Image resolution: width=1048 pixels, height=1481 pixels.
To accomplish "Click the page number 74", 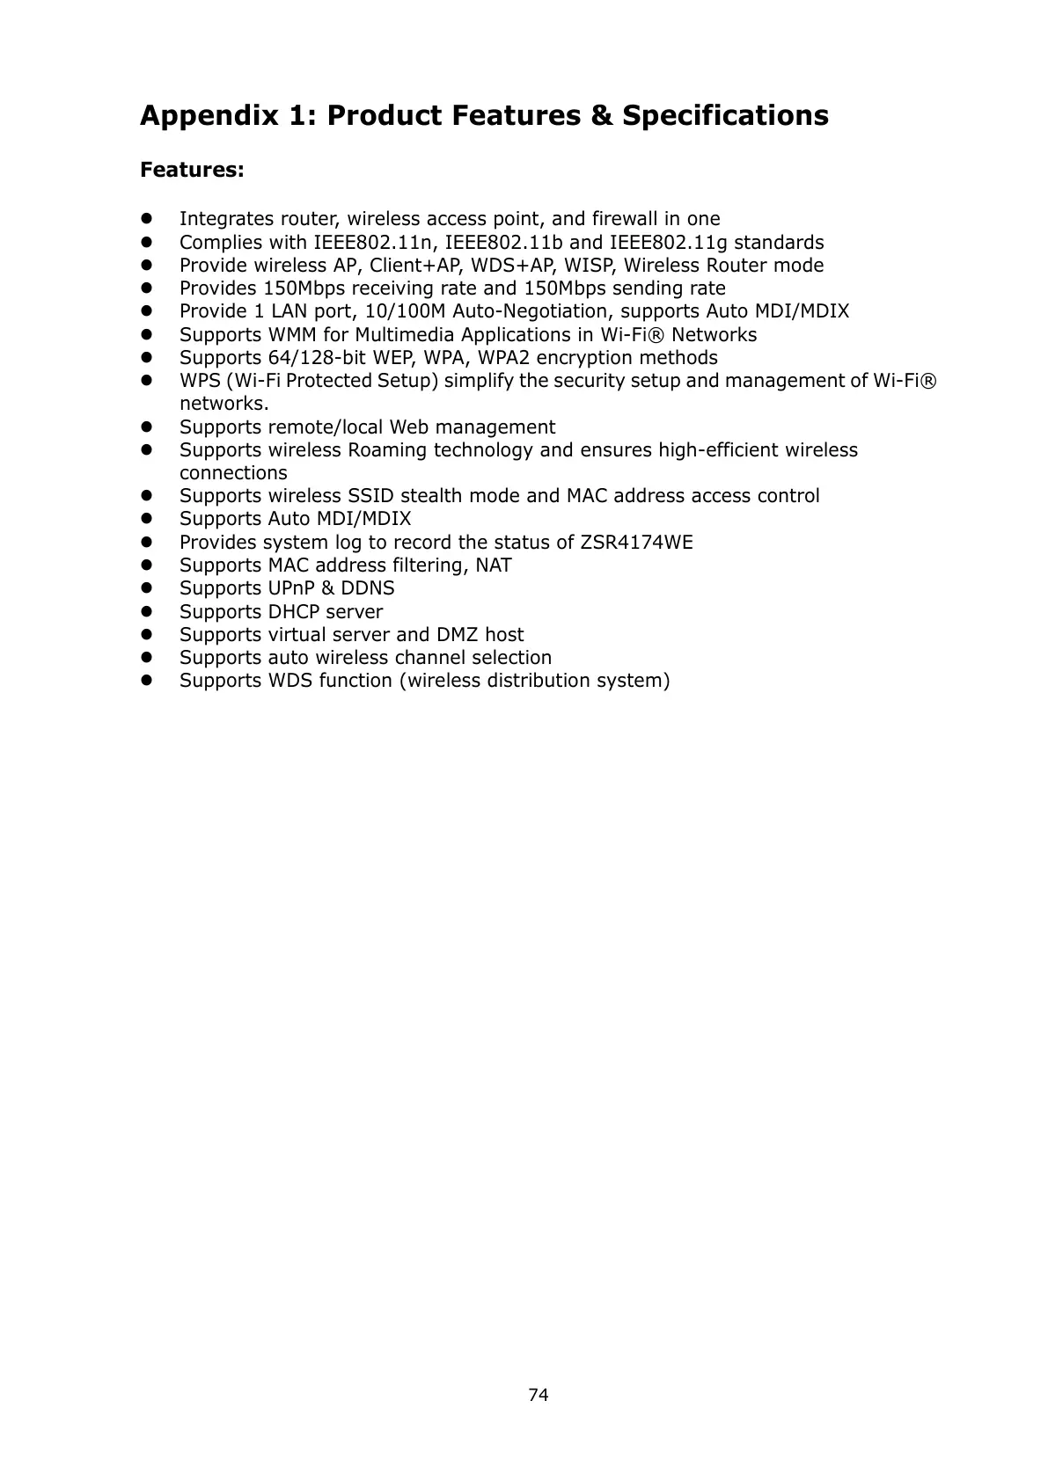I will [x=538, y=1395].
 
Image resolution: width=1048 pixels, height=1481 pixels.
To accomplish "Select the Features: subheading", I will [x=192, y=170].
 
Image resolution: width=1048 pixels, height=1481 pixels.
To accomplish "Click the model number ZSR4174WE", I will [x=637, y=542].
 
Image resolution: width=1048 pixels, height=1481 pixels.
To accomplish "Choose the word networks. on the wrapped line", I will [x=224, y=404].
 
